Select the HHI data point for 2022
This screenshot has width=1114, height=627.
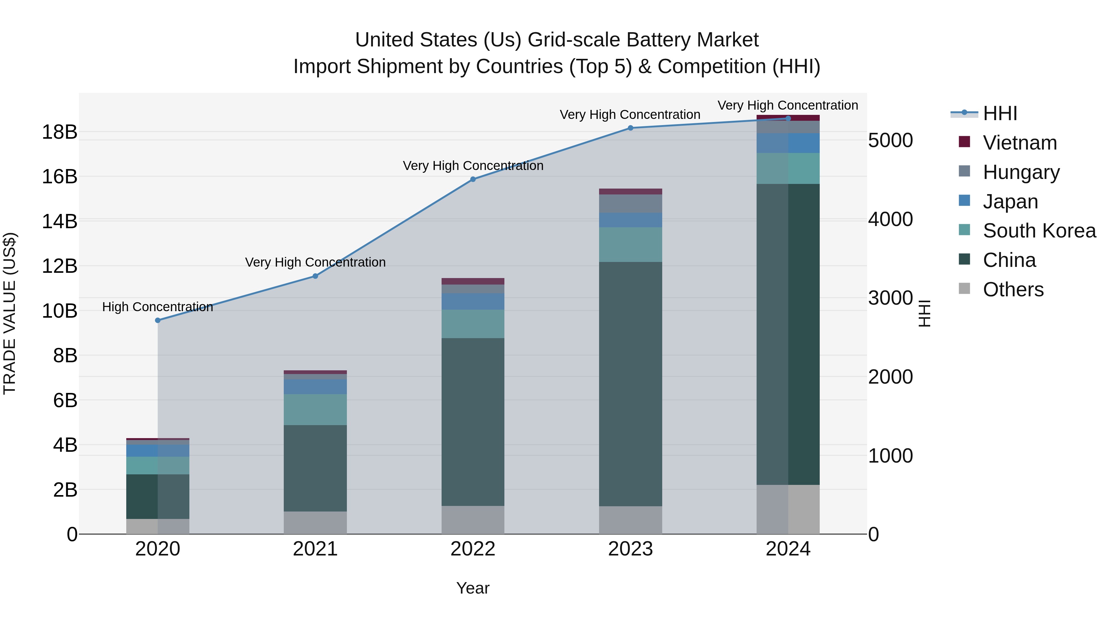click(473, 179)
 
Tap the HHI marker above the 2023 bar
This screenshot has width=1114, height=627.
click(630, 128)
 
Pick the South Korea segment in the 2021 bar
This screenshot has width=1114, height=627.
click(315, 409)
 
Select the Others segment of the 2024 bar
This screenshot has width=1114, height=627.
click(788, 509)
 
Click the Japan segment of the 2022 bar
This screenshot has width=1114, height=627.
click(473, 302)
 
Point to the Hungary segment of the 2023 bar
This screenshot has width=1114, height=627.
click(630, 203)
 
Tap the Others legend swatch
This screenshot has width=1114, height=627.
click(964, 289)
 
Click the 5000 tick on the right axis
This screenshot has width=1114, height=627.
click(890, 141)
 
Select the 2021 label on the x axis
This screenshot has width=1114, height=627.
click(315, 549)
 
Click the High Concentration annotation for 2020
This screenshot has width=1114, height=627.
click(158, 307)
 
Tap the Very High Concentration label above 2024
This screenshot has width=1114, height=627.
click(788, 105)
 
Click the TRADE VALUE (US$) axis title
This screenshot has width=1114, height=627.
click(10, 313)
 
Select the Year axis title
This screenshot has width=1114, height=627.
click(473, 588)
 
